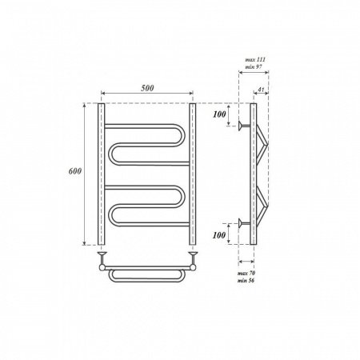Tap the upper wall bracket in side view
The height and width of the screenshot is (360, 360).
click(244, 125)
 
